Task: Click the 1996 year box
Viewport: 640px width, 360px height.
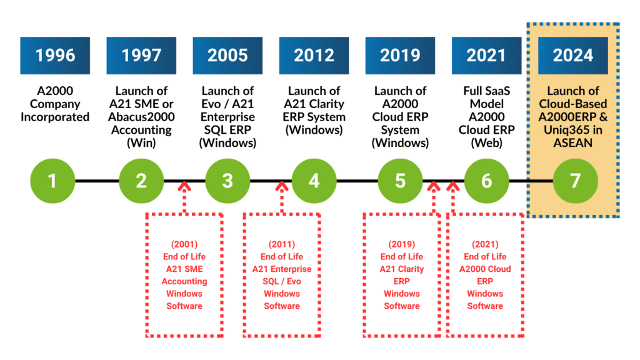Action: pos(55,56)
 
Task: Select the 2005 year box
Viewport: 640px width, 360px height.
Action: pos(227,56)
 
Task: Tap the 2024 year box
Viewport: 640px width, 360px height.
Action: pos(573,56)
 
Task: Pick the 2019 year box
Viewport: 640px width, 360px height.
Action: pos(400,56)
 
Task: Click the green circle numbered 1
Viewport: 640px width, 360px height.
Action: pos(52,181)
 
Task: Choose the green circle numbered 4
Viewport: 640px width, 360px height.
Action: pos(314,181)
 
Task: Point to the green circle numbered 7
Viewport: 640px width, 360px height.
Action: pos(576,181)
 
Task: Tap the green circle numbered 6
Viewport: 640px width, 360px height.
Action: pos(486,181)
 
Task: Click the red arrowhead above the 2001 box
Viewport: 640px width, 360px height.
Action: pos(184,186)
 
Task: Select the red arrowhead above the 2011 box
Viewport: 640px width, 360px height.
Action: pos(282,186)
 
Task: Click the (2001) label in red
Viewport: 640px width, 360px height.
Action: pos(184,244)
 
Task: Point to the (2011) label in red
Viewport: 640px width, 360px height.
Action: pos(282,244)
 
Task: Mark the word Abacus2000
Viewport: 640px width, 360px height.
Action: pos(141,117)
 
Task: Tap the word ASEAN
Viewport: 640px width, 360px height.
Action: pos(573,143)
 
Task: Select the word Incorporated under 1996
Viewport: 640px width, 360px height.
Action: pos(55,117)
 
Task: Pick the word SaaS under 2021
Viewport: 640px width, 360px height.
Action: pos(499,91)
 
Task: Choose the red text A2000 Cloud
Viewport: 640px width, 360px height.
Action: pos(485,269)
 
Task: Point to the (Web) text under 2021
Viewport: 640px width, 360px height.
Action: pos(486,143)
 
